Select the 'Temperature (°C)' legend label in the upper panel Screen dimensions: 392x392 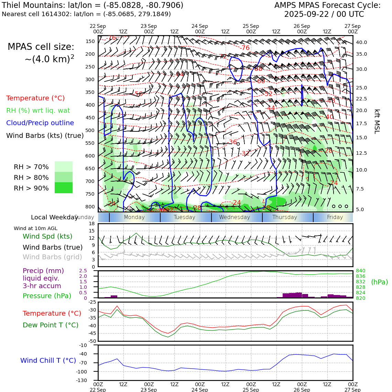35,98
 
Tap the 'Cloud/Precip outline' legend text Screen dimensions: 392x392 40,123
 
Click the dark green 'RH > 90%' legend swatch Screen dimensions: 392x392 64,188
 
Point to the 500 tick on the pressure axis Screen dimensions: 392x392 90,130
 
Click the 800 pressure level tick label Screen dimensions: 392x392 90,207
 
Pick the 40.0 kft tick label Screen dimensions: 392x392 361,42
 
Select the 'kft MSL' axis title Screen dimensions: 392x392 377,121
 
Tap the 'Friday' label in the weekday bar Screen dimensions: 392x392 335,217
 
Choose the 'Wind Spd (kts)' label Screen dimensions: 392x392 47,236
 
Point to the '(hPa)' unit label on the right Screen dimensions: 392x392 379,282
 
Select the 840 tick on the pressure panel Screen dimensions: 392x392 360,271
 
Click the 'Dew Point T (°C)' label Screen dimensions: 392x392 51,325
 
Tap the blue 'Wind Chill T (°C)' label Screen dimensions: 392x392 48,360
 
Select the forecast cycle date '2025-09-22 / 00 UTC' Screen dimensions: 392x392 324,14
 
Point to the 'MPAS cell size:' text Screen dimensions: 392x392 41,47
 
